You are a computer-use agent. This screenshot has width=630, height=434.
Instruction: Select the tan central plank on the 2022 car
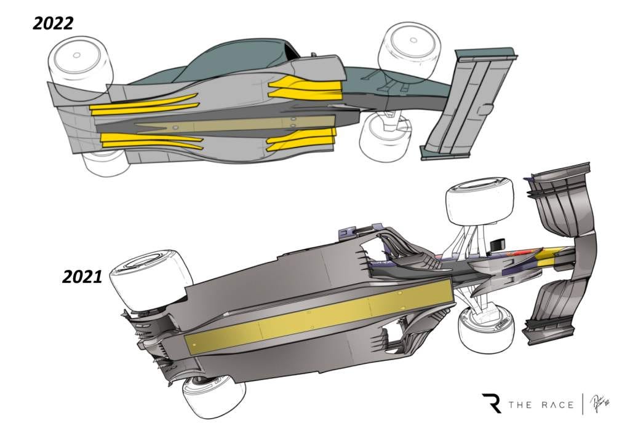221,124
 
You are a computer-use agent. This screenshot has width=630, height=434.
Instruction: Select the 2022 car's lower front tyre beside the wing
385,135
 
